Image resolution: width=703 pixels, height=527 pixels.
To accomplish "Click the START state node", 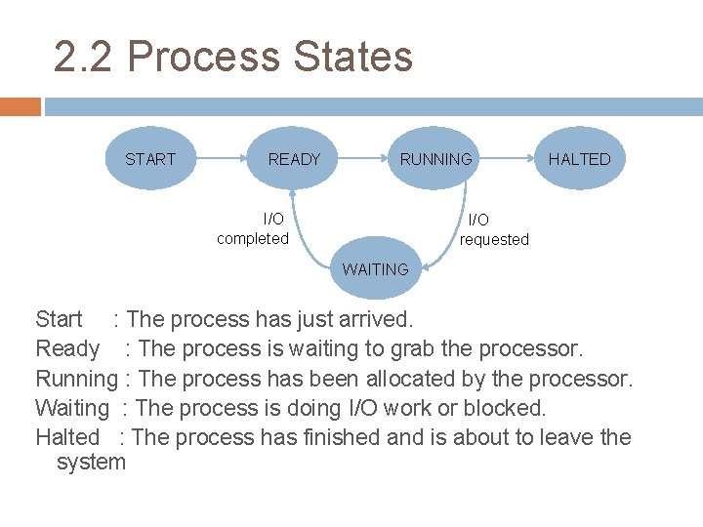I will pos(149,159).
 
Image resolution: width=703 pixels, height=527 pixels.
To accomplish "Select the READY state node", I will pos(294,159).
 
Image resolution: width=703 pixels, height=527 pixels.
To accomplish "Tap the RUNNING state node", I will pos(435,159).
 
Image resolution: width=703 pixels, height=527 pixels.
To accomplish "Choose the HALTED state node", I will pos(579,159).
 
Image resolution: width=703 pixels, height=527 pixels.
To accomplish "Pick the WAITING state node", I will pos(375,269).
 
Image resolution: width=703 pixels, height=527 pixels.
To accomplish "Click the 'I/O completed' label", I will pos(253,228).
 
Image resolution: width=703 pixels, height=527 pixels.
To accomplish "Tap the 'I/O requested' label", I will pos(494,230).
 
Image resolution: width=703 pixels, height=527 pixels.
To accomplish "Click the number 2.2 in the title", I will pos(85,58).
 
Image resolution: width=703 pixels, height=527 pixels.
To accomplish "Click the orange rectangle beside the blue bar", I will pos(20,106).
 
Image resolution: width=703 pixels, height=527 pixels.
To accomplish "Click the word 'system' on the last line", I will pos(92,462).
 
